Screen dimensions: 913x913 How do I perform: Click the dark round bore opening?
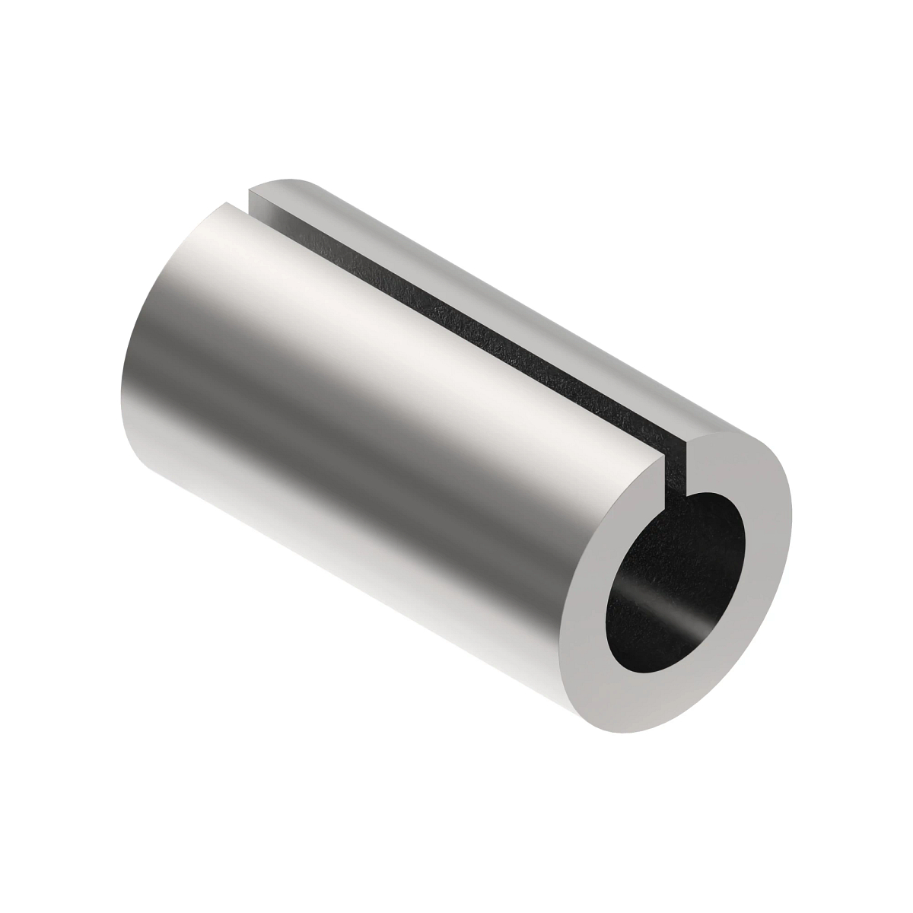[670, 578]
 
